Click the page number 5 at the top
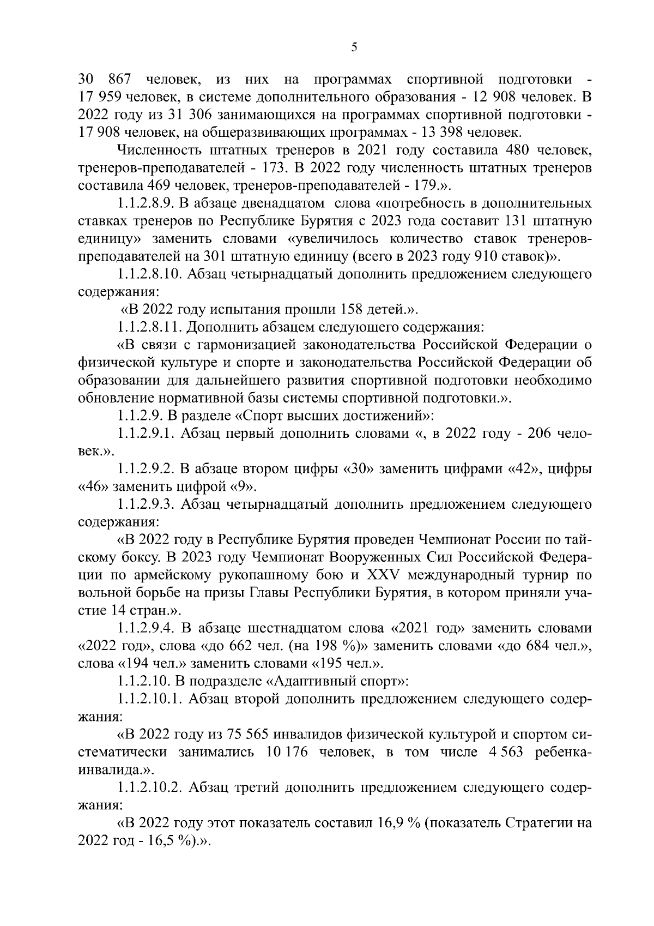[354, 47]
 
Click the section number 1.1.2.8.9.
[144, 204]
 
